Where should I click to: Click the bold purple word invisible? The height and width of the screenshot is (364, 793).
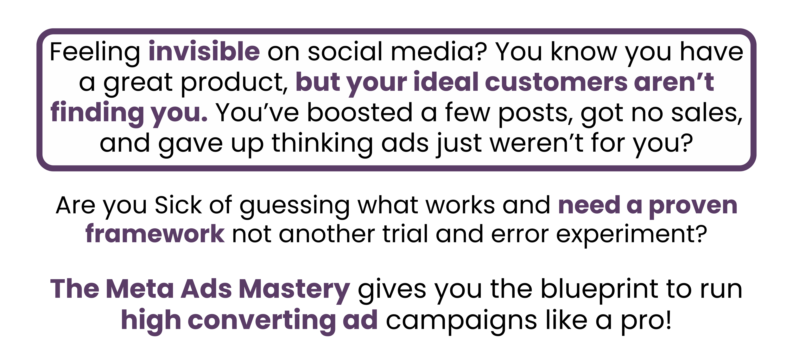coord(204,51)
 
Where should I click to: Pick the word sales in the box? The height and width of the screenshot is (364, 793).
coord(706,113)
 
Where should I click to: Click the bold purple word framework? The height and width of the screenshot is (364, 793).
coord(155,234)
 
